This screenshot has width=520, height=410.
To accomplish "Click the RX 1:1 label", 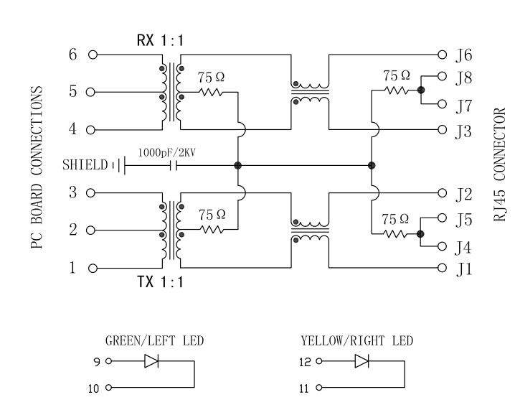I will pos(160,40).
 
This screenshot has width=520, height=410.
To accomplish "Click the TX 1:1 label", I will pos(160,282).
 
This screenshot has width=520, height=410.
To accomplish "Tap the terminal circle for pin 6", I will pos(92,55).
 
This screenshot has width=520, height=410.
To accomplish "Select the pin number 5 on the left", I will pos(72,92).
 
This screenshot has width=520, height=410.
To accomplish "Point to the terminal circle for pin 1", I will pos(92,269).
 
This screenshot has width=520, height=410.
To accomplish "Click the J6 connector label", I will pos(463,55).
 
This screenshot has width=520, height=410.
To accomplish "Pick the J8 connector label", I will pos(463,75).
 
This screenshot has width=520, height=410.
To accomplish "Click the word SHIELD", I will pos(85,165).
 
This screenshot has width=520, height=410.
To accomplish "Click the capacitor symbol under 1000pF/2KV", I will pos(172,166).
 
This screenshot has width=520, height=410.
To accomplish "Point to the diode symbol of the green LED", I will pos(151,362).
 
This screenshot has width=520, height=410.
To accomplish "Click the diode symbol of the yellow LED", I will pos(361,362).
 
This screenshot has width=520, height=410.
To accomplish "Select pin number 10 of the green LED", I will pos(94,388).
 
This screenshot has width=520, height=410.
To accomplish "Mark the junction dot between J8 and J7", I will pos(420,90).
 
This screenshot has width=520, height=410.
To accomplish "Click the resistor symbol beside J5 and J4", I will pos(397,234).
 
